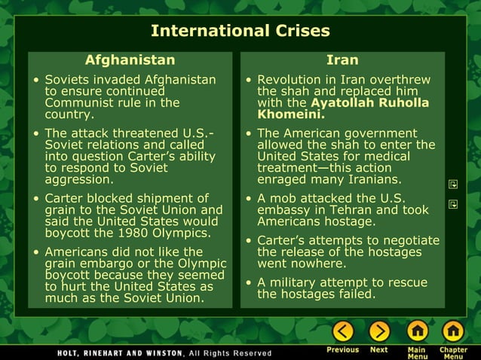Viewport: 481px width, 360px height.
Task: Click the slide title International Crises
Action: [x=240, y=31]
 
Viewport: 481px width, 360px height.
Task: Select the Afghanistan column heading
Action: [x=130, y=59]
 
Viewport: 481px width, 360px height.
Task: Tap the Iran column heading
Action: [x=342, y=59]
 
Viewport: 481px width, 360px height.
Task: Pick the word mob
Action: [x=283, y=199]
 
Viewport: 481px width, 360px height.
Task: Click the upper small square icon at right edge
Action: [x=454, y=184]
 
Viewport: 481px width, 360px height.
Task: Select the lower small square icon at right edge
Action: [x=454, y=204]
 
